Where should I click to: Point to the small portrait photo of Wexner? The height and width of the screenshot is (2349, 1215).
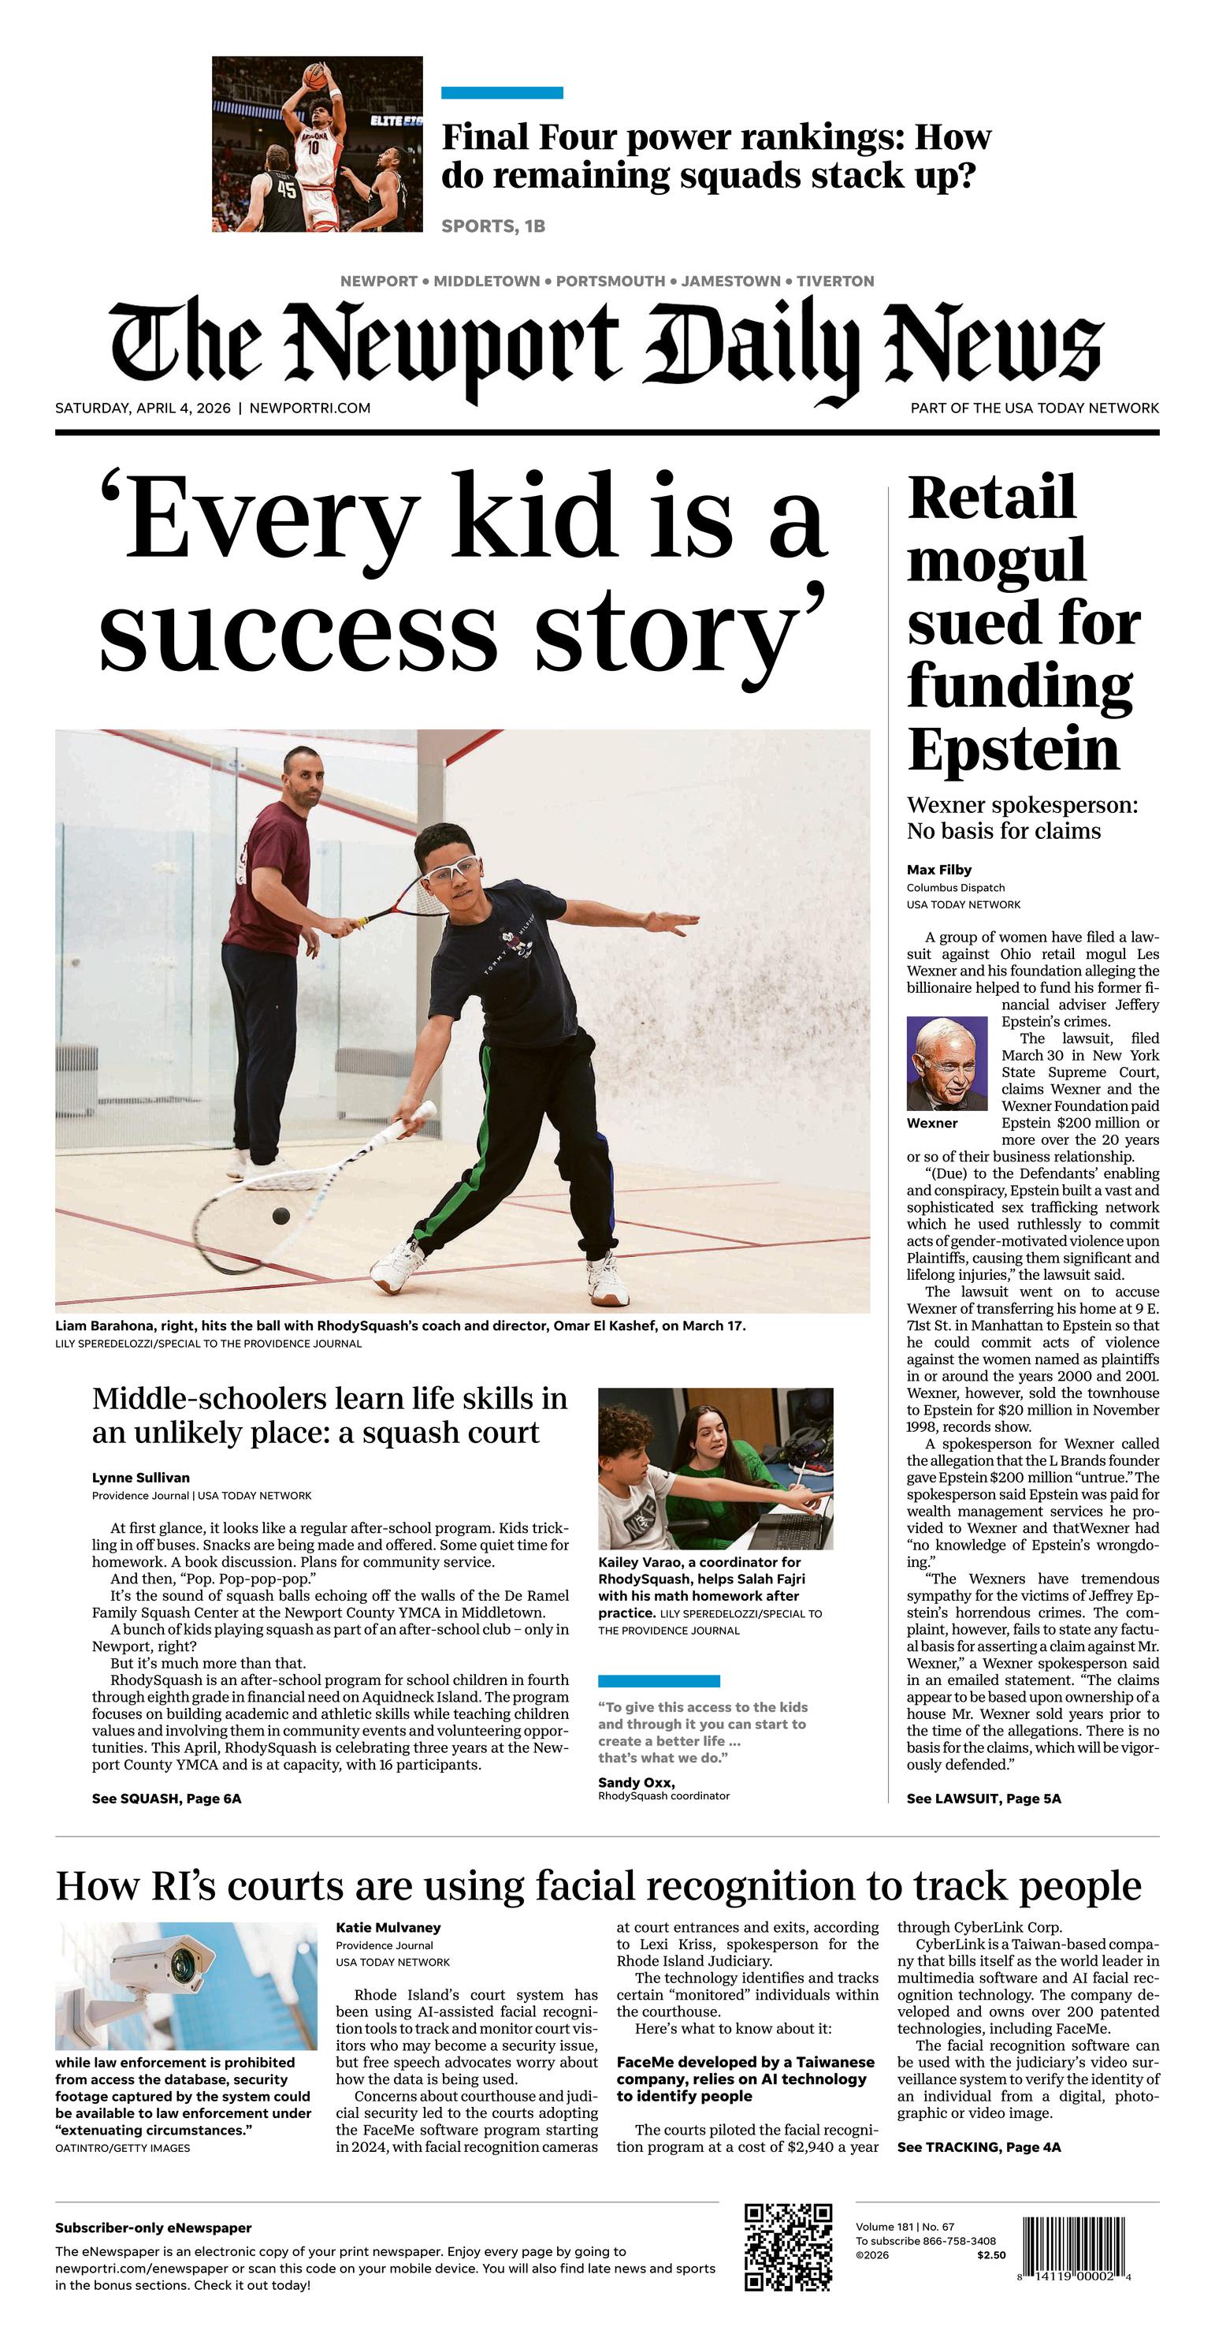(x=947, y=1062)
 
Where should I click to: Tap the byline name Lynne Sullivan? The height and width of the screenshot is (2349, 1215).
(x=140, y=1477)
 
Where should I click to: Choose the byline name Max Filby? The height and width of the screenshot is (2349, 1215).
(x=938, y=869)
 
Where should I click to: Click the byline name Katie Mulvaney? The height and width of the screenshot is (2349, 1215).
(x=388, y=1927)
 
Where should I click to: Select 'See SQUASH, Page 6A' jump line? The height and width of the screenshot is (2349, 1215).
(x=166, y=1799)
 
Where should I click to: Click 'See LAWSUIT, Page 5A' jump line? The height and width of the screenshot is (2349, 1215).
(x=983, y=1799)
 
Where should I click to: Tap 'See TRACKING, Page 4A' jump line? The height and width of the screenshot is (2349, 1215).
(x=978, y=2146)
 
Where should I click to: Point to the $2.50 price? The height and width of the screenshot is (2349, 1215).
(x=990, y=2255)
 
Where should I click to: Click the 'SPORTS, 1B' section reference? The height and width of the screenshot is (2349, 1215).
(x=493, y=226)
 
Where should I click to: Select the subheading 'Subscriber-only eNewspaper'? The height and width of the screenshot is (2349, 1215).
(x=153, y=2228)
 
